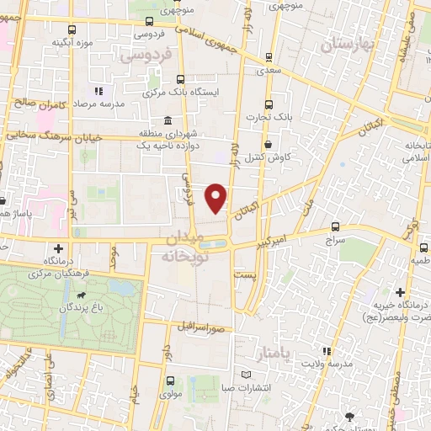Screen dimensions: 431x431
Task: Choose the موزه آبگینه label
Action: [x=72, y=41]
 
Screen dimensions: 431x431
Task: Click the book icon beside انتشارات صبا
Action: [x=246, y=375]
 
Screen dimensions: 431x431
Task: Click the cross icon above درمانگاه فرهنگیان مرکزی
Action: [x=58, y=248]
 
